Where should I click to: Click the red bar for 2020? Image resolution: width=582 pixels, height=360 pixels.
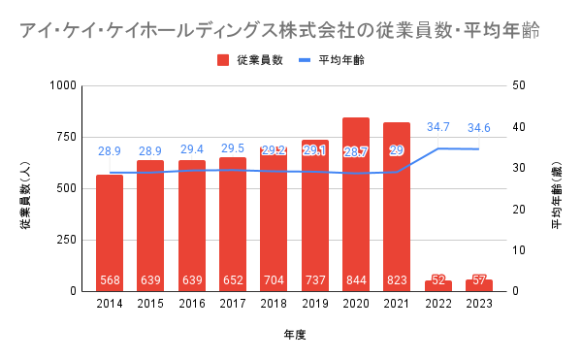[x=356, y=205]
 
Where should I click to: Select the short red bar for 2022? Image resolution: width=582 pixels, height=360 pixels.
[x=438, y=286]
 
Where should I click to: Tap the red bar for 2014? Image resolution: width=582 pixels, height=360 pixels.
[x=110, y=233]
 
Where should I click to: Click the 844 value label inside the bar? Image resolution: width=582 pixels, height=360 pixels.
[x=356, y=279]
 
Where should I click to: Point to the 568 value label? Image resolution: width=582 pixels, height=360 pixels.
[x=110, y=279]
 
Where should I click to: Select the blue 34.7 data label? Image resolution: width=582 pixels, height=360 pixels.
[x=438, y=127]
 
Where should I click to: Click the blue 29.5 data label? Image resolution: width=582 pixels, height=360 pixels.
[x=233, y=148]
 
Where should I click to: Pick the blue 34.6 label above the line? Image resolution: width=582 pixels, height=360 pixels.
[x=479, y=128]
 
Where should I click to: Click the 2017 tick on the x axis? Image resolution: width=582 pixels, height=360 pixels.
[x=233, y=304]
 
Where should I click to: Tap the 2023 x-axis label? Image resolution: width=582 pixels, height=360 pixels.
[x=479, y=304]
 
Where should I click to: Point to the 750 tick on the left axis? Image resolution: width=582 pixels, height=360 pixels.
[x=66, y=137]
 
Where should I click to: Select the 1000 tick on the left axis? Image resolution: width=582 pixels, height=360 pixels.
[x=63, y=85]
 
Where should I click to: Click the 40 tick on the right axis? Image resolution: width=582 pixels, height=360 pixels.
[x=519, y=127]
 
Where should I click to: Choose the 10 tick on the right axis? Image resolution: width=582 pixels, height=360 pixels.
[x=519, y=250]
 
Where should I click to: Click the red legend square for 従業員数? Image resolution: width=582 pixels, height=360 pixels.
[x=223, y=60]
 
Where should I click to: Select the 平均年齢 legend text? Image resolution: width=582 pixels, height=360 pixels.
[x=341, y=60]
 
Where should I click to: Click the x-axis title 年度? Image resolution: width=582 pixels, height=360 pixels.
[x=295, y=335]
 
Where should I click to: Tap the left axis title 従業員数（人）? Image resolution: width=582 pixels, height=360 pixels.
[x=25, y=195]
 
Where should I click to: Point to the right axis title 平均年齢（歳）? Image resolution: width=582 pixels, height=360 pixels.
[x=557, y=195]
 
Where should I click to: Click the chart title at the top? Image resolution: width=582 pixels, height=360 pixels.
[x=279, y=30]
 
